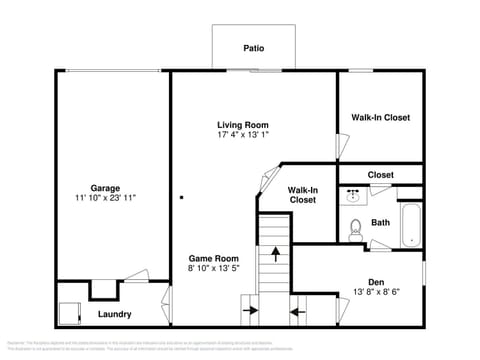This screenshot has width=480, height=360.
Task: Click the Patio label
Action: coord(253,47)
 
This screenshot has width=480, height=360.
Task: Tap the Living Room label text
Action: coord(243,125)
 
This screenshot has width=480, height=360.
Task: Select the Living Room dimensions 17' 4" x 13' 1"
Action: coord(243,135)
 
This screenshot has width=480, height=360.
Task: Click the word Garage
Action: coord(105,188)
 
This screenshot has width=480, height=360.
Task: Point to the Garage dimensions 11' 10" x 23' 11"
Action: coord(105,198)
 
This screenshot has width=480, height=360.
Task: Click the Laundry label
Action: coord(115,314)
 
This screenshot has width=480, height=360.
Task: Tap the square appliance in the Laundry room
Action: coord(69,313)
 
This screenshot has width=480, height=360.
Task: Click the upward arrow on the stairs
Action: coord(275,255)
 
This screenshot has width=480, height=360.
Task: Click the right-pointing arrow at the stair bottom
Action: coord(249,311)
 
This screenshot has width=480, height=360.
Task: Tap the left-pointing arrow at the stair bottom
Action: coord(297,311)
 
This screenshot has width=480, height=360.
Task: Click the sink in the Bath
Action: coord(354,197)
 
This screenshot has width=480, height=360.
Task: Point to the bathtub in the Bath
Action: coord(410,225)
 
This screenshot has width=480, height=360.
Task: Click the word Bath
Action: coord(381,222)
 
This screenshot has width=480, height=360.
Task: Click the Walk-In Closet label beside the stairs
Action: coord(303,194)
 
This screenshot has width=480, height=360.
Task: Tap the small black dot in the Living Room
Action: coord(181,197)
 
